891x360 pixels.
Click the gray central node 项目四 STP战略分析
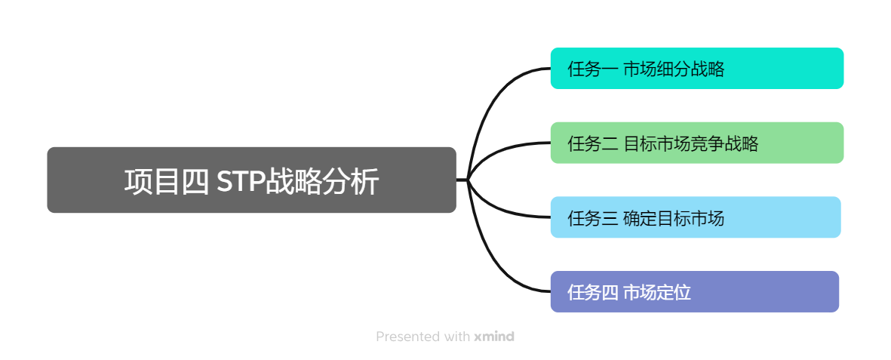click(251, 180)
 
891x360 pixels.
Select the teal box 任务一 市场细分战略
click(696, 69)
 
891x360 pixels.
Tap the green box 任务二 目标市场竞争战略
click(696, 143)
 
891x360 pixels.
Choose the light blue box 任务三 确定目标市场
click(695, 217)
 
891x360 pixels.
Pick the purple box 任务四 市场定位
click(694, 291)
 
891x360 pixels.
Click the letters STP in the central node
click(240, 182)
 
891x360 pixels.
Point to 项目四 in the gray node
click(166, 182)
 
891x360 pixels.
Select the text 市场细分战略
click(674, 69)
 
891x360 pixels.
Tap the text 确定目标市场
click(674, 218)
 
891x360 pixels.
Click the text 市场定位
click(657, 292)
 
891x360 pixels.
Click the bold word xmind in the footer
click(494, 337)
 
